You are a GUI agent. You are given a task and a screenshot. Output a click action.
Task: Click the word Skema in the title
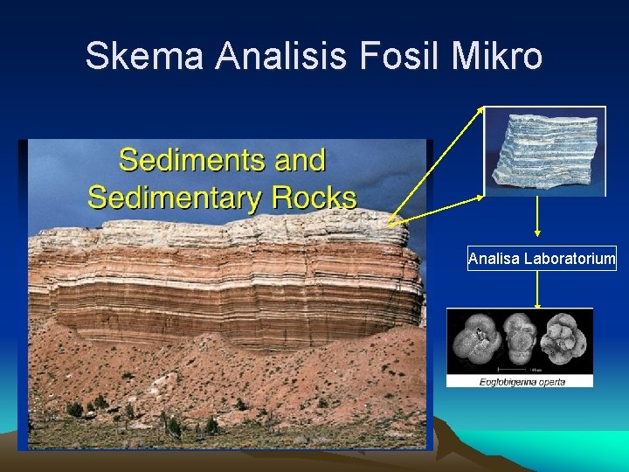(x=144, y=57)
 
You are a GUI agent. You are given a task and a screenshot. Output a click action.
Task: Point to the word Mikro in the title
(x=494, y=57)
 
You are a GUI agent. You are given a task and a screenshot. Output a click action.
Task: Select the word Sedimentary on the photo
(x=166, y=198)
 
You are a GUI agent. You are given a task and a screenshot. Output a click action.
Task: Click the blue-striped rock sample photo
(x=545, y=150)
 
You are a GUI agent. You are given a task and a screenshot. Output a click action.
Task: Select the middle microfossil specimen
(x=519, y=342)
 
